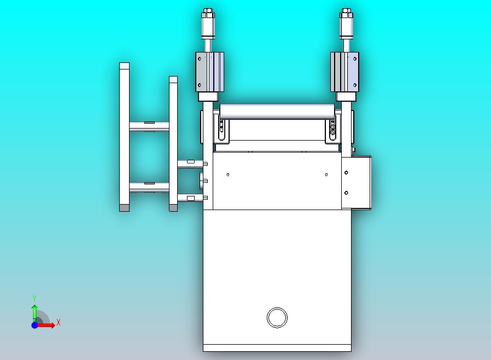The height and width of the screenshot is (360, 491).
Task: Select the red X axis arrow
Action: (x=46, y=325)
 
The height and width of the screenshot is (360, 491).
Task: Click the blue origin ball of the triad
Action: (x=35, y=325)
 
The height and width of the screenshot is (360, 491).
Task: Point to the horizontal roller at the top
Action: (x=277, y=112)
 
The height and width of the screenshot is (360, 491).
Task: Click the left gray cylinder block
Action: (x=209, y=72)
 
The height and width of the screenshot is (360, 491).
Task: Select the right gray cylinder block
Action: (x=344, y=72)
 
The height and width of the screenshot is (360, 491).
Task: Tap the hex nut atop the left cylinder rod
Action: (x=208, y=13)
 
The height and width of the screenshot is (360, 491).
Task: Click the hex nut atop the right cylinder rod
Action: (x=346, y=13)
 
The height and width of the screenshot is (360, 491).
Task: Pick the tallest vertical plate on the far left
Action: (x=124, y=137)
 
